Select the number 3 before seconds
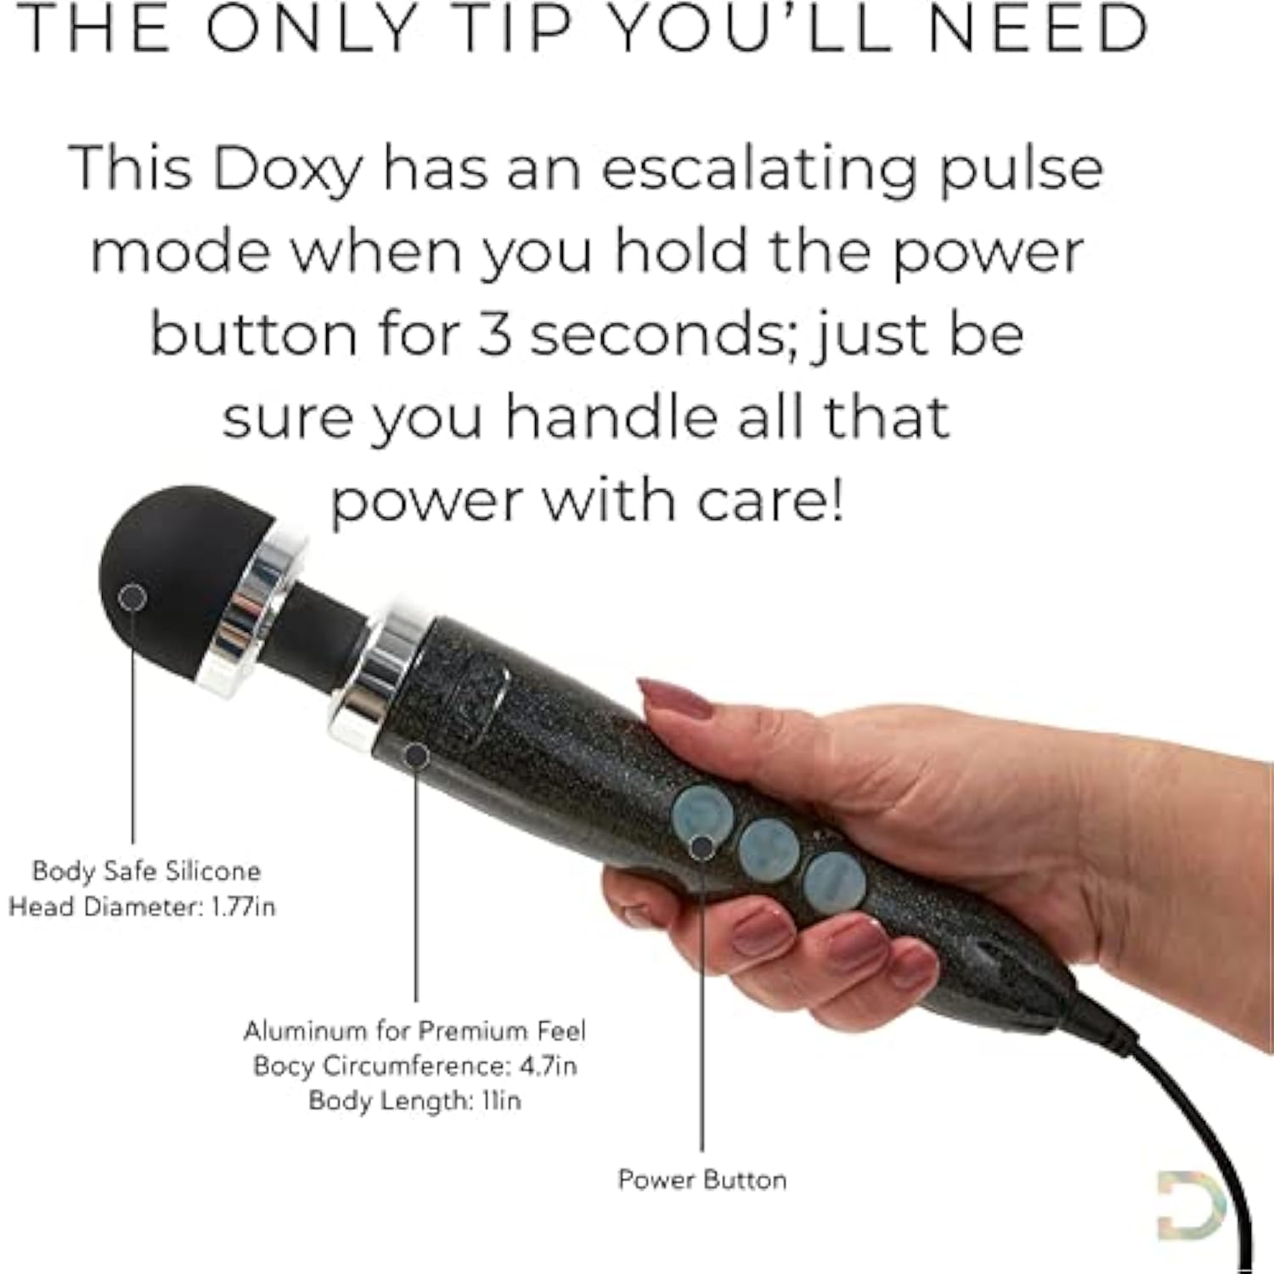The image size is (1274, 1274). point(494,334)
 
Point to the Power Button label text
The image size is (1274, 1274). point(702,1180)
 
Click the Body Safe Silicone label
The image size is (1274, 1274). point(146,871)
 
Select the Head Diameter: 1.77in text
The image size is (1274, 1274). point(142,906)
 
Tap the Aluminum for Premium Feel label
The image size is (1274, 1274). point(414,1030)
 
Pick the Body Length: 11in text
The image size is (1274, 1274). point(414,1100)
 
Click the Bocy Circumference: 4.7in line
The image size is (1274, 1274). point(414,1065)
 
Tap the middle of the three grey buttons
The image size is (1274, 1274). point(769,849)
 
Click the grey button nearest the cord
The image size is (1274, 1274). point(835,882)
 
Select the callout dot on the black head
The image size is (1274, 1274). point(132,598)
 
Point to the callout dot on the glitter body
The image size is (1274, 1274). point(416,755)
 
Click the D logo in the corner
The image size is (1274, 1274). point(1191,1204)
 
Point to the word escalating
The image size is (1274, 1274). point(759,168)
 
